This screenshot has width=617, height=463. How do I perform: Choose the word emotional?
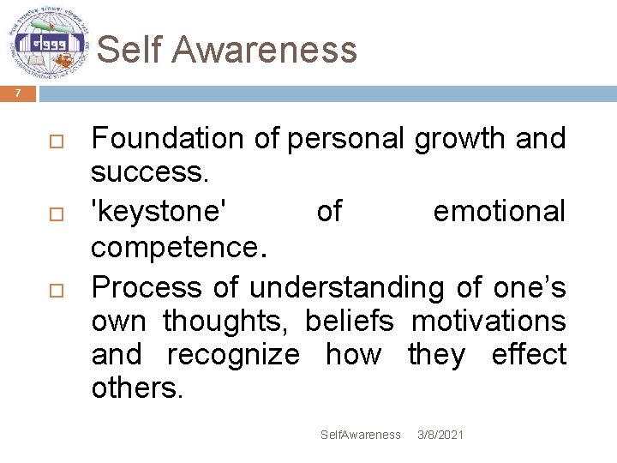pos(500,212)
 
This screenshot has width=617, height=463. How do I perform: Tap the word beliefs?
pos(350,322)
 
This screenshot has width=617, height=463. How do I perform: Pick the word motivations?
pos(488,322)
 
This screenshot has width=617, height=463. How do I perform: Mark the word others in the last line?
pos(137,389)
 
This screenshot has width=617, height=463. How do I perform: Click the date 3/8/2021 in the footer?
pos(440,435)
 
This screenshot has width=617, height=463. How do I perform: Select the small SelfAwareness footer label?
pos(360,435)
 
